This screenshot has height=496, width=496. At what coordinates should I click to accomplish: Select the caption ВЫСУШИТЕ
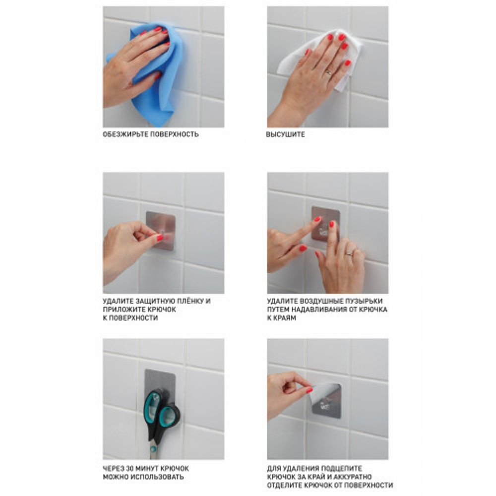(x=285, y=134)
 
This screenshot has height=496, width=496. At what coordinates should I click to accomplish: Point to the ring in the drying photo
(x=328, y=72)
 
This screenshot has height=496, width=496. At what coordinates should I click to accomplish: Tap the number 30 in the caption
(x=130, y=468)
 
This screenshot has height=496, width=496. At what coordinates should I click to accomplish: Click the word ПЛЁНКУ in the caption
(x=189, y=301)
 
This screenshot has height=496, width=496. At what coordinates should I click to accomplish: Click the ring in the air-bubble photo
(x=349, y=253)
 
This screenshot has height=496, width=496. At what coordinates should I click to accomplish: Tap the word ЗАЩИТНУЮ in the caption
(x=155, y=301)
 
